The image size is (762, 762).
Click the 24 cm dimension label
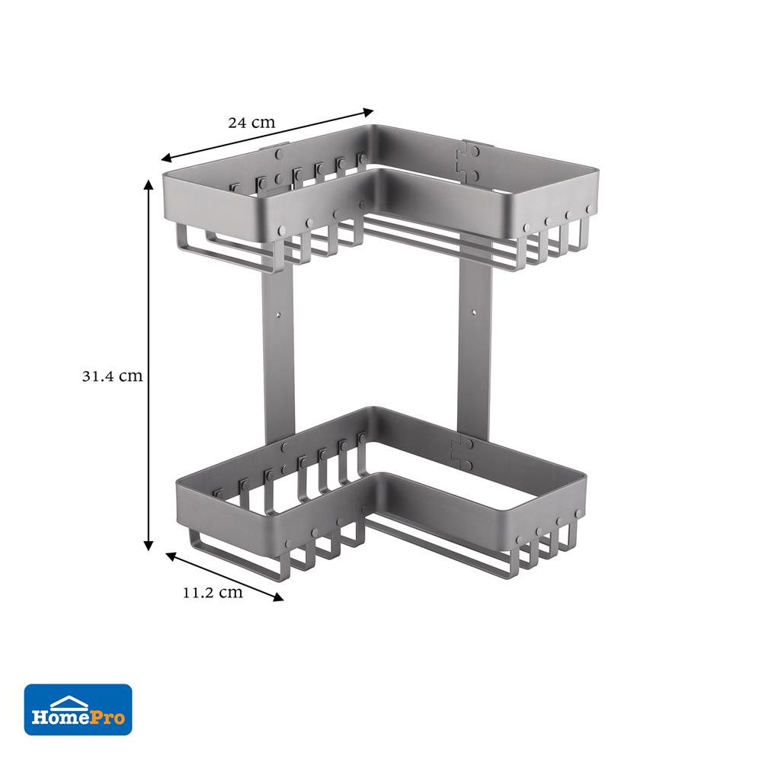[251, 122]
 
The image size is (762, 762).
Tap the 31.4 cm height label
[112, 376]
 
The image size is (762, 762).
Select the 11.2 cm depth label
[213, 592]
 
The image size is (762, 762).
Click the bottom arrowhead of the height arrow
[149, 546]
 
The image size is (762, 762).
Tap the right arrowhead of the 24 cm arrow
[368, 112]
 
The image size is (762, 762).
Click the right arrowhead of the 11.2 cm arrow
[278, 597]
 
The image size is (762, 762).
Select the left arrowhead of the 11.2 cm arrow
[171, 556]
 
